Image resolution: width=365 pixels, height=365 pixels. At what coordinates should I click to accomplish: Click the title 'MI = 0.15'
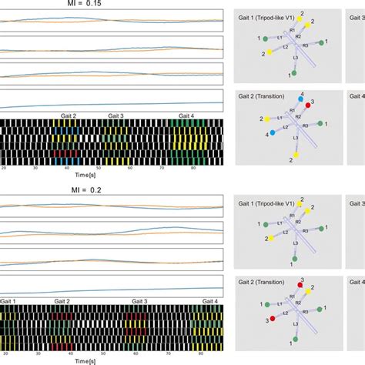112,4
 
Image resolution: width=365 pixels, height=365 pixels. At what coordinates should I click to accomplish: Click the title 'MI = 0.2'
112,186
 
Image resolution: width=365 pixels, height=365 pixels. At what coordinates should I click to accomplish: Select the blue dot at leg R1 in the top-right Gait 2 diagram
301,99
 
